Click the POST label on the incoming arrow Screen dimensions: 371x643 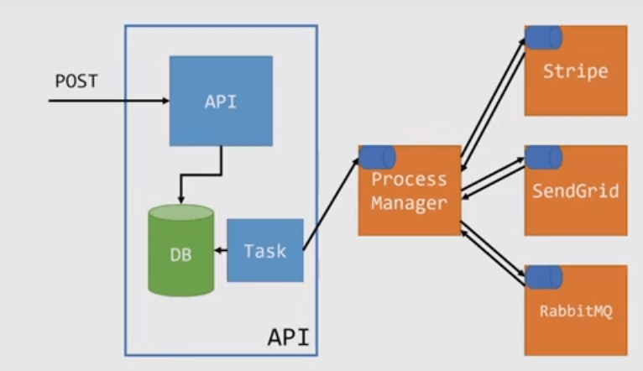(x=76, y=82)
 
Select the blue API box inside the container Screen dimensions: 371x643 (x=221, y=101)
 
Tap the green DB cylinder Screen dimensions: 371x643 (x=180, y=252)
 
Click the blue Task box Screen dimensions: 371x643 (x=264, y=250)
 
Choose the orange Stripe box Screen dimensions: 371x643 (x=576, y=71)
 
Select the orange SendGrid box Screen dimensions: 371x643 (x=576, y=191)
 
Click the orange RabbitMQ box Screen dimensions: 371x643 (x=576, y=311)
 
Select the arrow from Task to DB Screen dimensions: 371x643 (x=221, y=250)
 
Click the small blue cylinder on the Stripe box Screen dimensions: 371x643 (x=543, y=36)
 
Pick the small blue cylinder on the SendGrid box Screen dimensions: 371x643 (x=543, y=156)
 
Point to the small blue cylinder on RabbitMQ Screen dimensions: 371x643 (x=543, y=276)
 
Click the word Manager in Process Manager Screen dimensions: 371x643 (x=410, y=203)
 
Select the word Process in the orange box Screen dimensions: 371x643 (x=410, y=180)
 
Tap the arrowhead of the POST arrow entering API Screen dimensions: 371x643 (x=165, y=102)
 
